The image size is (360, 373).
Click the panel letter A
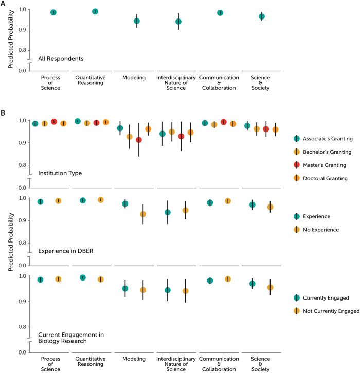pos(4,4)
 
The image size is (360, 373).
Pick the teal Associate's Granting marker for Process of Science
pos(35,123)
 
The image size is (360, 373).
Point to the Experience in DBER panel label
pos(67,250)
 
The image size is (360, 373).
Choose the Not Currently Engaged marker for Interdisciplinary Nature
pos(186,291)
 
